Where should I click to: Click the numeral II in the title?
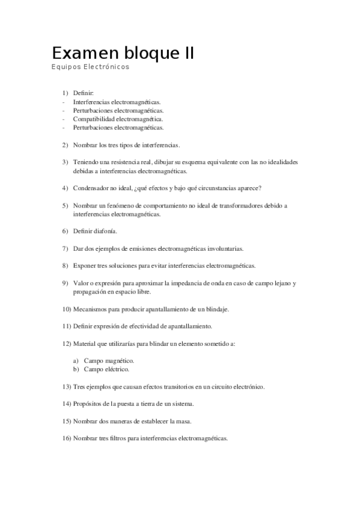coord(188,53)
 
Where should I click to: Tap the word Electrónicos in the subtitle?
coord(108,67)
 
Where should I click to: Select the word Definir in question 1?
coord(83,93)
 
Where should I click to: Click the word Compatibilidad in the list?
coord(93,119)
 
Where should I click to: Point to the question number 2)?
coord(66,145)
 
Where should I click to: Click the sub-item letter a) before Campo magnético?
coord(76,360)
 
